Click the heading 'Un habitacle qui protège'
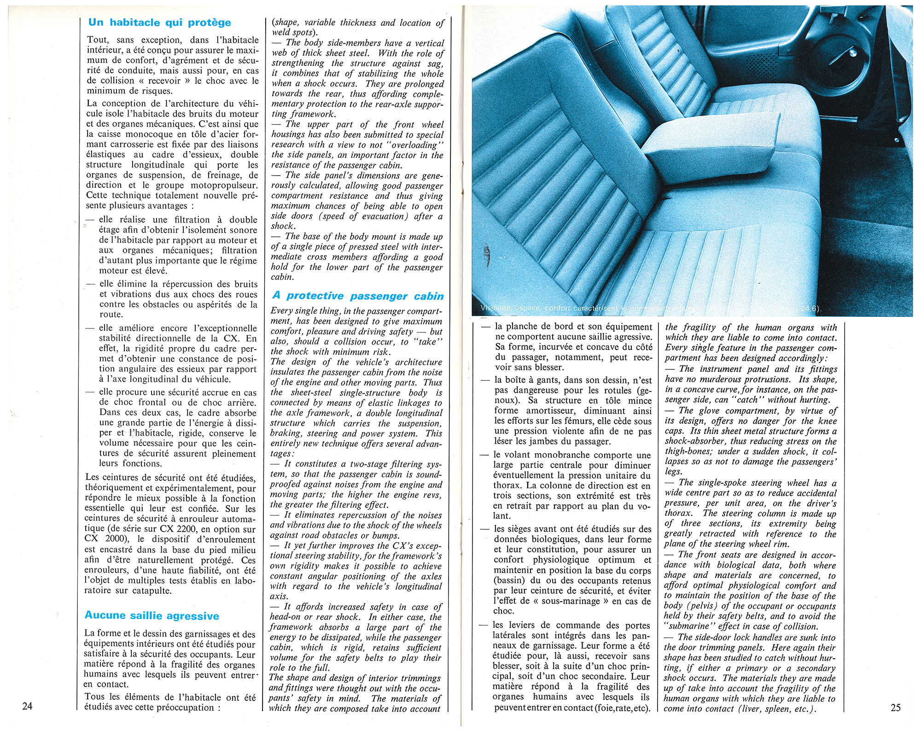[x=159, y=23]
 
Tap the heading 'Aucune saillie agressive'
[x=152, y=616]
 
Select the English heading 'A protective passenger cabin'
[x=358, y=296]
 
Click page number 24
[x=27, y=706]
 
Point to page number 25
[x=895, y=707]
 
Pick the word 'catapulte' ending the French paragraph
[x=152, y=591]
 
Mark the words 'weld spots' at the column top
[x=292, y=33]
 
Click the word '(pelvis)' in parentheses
[x=702, y=606]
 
